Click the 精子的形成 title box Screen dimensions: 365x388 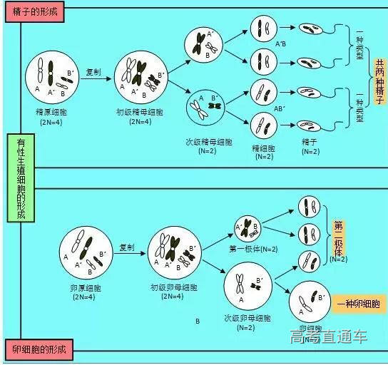[x=34, y=12]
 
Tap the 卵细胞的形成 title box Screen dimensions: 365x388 [x=39, y=349]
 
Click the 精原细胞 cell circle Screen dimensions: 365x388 [x=52, y=78]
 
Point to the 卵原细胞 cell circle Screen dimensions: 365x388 [x=88, y=253]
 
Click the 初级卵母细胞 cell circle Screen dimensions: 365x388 [x=175, y=255]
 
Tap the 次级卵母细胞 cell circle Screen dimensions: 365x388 [x=249, y=287]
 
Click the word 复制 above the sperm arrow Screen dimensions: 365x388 [x=93, y=72]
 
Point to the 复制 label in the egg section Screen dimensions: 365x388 [x=127, y=247]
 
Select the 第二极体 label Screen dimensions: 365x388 [x=338, y=238]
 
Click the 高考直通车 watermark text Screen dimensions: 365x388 [x=329, y=336]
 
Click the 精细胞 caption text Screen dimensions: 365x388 [x=262, y=148]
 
